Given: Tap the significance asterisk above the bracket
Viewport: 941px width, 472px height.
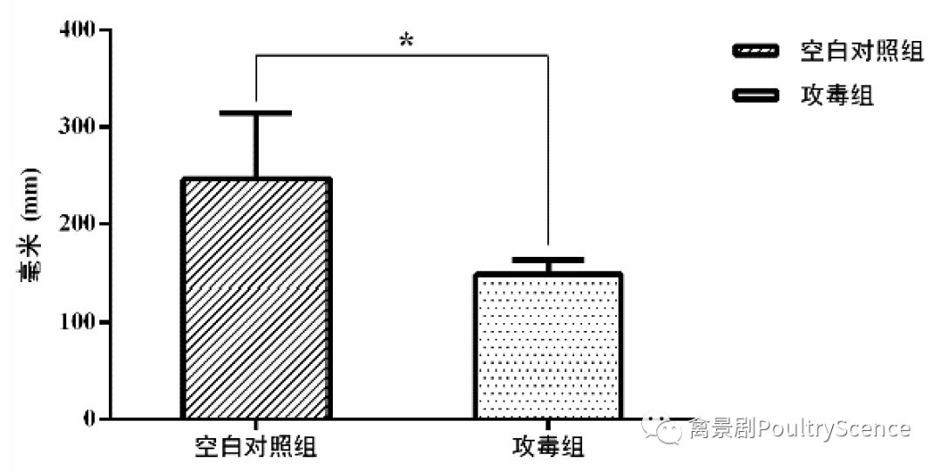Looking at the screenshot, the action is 405,41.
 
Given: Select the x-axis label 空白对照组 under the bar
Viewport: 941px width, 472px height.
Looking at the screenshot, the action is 255,448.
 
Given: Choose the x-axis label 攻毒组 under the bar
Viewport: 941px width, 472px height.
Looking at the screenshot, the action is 547,448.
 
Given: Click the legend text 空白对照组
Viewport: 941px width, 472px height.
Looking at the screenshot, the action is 861,51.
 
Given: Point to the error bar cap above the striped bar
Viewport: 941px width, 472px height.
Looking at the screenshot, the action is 256,113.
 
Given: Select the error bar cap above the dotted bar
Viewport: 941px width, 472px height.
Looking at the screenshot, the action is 547,260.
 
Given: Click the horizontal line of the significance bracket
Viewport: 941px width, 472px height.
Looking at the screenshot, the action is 402,56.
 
